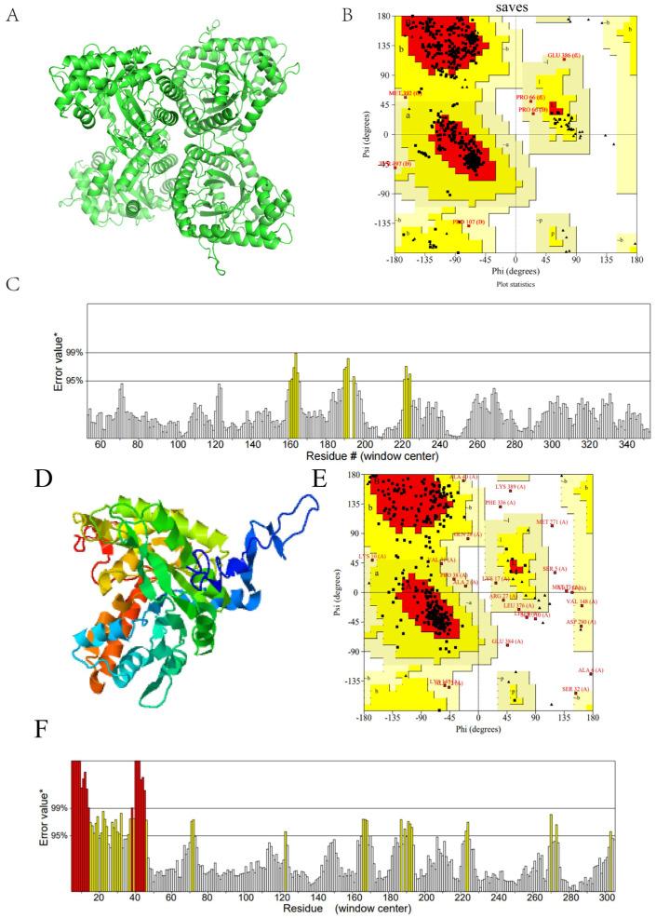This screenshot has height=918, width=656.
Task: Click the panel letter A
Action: tap(12, 16)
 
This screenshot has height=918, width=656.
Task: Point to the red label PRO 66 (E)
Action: tap(531, 97)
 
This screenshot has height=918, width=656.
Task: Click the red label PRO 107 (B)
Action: tap(468, 222)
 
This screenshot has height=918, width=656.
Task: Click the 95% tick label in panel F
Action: tap(59, 836)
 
